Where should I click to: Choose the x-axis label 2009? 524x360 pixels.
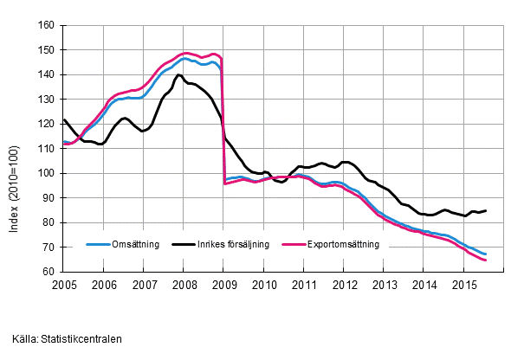[223, 285]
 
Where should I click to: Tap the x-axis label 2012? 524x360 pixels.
[344, 285]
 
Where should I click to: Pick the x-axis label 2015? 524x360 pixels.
[463, 285]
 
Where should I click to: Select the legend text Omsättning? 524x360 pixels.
[135, 245]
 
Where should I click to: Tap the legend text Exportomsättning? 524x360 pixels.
[344, 245]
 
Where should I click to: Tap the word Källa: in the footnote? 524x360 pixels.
[25, 339]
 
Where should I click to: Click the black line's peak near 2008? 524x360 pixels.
[179, 75]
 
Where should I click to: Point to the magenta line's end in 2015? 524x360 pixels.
[486, 260]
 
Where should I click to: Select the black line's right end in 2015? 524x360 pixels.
[486, 210]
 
